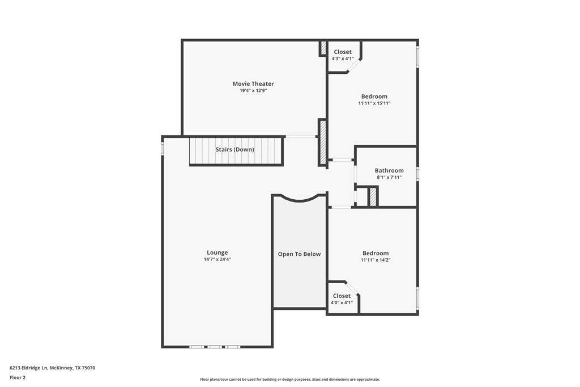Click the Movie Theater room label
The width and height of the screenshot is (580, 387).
click(x=253, y=84)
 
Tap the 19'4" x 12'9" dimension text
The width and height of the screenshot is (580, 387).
click(x=253, y=90)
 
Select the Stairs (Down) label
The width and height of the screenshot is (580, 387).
click(x=235, y=149)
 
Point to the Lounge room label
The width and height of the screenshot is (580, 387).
click(x=217, y=253)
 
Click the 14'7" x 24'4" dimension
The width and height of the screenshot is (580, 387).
click(x=217, y=259)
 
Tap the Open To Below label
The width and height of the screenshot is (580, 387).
click(x=299, y=254)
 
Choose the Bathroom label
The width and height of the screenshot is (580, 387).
click(x=389, y=170)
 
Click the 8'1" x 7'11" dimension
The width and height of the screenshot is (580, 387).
click(x=389, y=177)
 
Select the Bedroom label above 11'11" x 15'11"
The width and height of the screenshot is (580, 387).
click(x=374, y=96)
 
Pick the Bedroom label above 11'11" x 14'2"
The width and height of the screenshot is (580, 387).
click(x=376, y=253)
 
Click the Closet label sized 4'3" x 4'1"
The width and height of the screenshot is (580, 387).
click(x=343, y=52)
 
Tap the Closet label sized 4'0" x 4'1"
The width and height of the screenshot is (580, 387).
click(x=342, y=296)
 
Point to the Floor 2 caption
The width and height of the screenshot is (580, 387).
click(x=18, y=378)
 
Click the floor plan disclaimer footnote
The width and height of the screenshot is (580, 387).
click(x=290, y=379)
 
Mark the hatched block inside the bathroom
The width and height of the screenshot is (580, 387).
click(x=373, y=197)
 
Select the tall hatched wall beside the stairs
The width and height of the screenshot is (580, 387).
click(x=322, y=142)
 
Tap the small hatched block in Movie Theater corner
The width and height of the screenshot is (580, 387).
click(x=323, y=48)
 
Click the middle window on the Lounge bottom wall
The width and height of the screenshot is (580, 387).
click(x=215, y=347)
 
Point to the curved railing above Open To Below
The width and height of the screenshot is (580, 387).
click(x=299, y=200)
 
